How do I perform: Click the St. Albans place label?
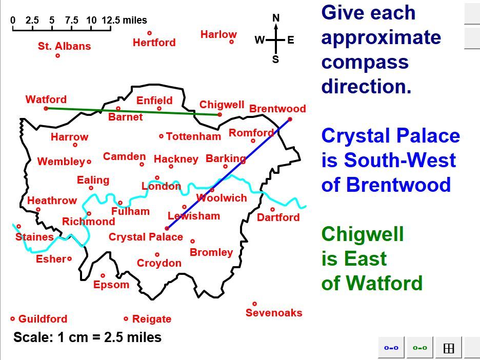pos(64,46)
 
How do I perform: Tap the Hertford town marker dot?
pos(150,33)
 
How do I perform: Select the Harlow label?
pos(218,34)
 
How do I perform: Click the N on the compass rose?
pos(276,18)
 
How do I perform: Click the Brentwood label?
pos(277,109)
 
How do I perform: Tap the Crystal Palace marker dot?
pos(167,228)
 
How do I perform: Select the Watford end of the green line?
pos(46,108)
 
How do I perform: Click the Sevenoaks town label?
pos(274,313)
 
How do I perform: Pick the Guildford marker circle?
pos(13,319)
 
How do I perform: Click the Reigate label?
pos(152,319)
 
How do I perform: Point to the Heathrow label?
pos(52,201)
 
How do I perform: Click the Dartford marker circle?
pos(272,209)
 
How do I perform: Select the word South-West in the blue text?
pos(399,160)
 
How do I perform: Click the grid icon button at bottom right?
pos(449,348)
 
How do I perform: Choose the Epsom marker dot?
pos(103,275)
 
